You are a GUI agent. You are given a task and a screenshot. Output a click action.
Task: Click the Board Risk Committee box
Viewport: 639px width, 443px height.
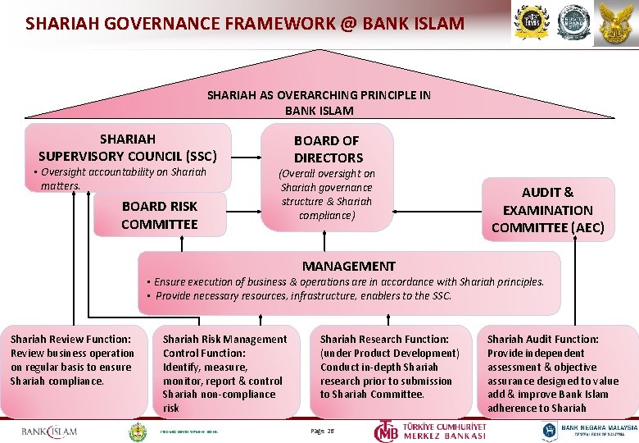(x=160, y=215)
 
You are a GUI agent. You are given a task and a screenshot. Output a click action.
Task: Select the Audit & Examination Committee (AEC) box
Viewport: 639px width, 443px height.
(x=547, y=210)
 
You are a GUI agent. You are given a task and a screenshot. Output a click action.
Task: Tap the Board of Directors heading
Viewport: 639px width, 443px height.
(x=328, y=148)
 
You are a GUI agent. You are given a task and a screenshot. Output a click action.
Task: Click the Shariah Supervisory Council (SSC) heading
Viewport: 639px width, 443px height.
(x=127, y=147)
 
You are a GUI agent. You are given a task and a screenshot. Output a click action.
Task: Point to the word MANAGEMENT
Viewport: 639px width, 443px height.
(x=348, y=266)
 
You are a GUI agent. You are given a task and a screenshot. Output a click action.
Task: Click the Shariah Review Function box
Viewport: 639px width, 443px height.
(x=71, y=360)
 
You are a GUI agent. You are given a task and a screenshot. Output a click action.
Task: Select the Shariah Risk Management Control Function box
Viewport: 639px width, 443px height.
(x=224, y=372)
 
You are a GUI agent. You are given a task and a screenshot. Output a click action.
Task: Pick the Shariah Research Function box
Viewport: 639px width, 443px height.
(x=389, y=367)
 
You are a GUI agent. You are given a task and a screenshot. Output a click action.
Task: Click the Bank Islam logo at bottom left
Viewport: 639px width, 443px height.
(x=49, y=432)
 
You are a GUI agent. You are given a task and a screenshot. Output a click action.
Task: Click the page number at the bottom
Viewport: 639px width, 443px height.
(x=323, y=431)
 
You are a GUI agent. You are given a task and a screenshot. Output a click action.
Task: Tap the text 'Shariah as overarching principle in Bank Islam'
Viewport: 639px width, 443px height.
(x=319, y=103)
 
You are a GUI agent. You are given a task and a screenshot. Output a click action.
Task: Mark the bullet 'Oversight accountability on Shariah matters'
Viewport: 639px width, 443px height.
(x=123, y=179)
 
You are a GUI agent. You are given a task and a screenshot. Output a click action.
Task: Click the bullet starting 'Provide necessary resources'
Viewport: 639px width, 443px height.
(x=303, y=295)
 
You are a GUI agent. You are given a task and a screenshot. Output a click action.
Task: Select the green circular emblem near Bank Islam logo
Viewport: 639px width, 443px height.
(x=138, y=431)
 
